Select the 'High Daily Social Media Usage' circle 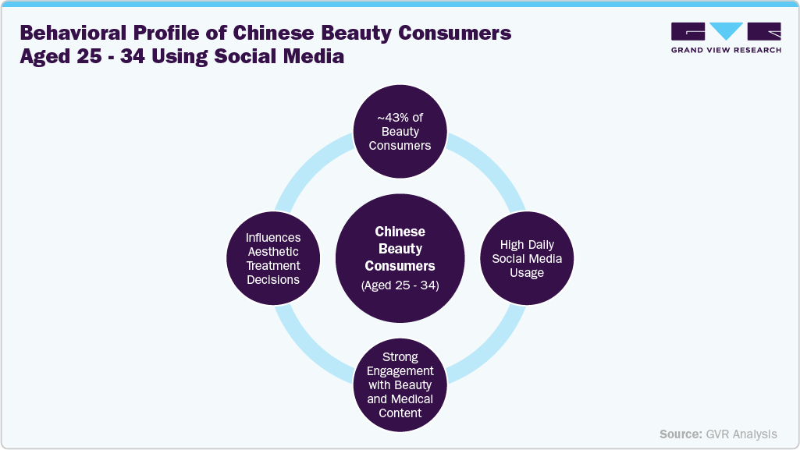527,258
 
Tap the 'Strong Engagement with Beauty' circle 400,384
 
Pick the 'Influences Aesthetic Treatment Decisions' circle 272,258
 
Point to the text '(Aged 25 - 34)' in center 400,285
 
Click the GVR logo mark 725,32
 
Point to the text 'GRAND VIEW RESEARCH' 725,50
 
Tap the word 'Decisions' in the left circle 273,279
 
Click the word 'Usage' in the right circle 528,272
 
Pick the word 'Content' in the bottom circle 400,413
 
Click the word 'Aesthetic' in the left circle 273,251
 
